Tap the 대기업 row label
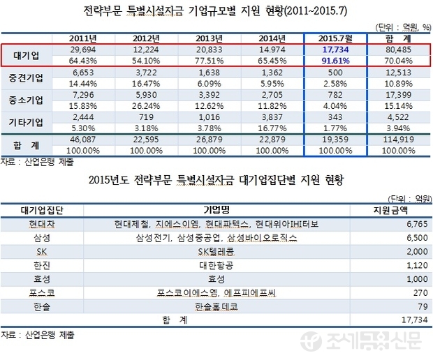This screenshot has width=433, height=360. (25, 55)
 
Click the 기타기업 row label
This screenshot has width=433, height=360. (25, 123)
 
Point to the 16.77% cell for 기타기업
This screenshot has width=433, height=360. (274, 128)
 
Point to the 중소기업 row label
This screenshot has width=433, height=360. (25, 100)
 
